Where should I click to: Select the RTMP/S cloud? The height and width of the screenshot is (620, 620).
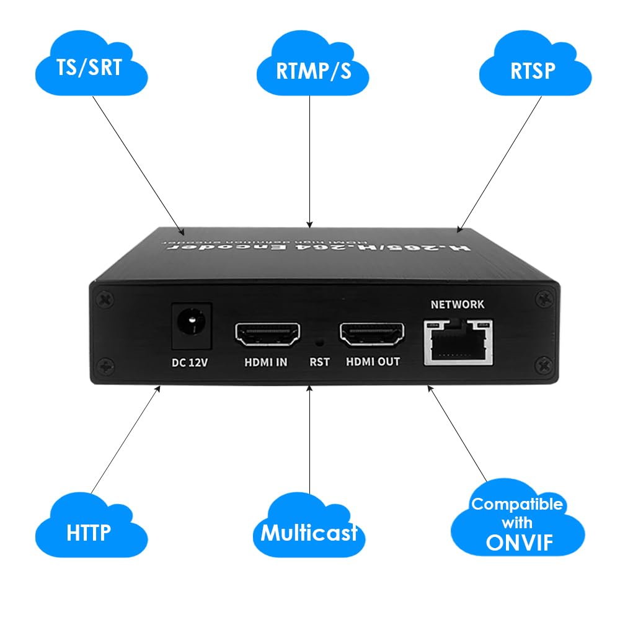click(312, 69)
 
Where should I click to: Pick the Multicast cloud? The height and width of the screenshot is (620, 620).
click(309, 531)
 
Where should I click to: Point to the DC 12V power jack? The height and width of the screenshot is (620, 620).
click(191, 324)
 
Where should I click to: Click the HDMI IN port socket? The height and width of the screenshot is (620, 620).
click(267, 335)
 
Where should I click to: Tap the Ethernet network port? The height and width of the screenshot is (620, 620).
click(458, 342)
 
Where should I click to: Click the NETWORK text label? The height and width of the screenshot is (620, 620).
click(458, 304)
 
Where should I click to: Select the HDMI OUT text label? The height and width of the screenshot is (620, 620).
click(373, 362)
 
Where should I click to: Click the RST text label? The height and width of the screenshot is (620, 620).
click(319, 362)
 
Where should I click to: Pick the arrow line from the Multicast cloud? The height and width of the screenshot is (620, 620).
click(309, 446)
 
